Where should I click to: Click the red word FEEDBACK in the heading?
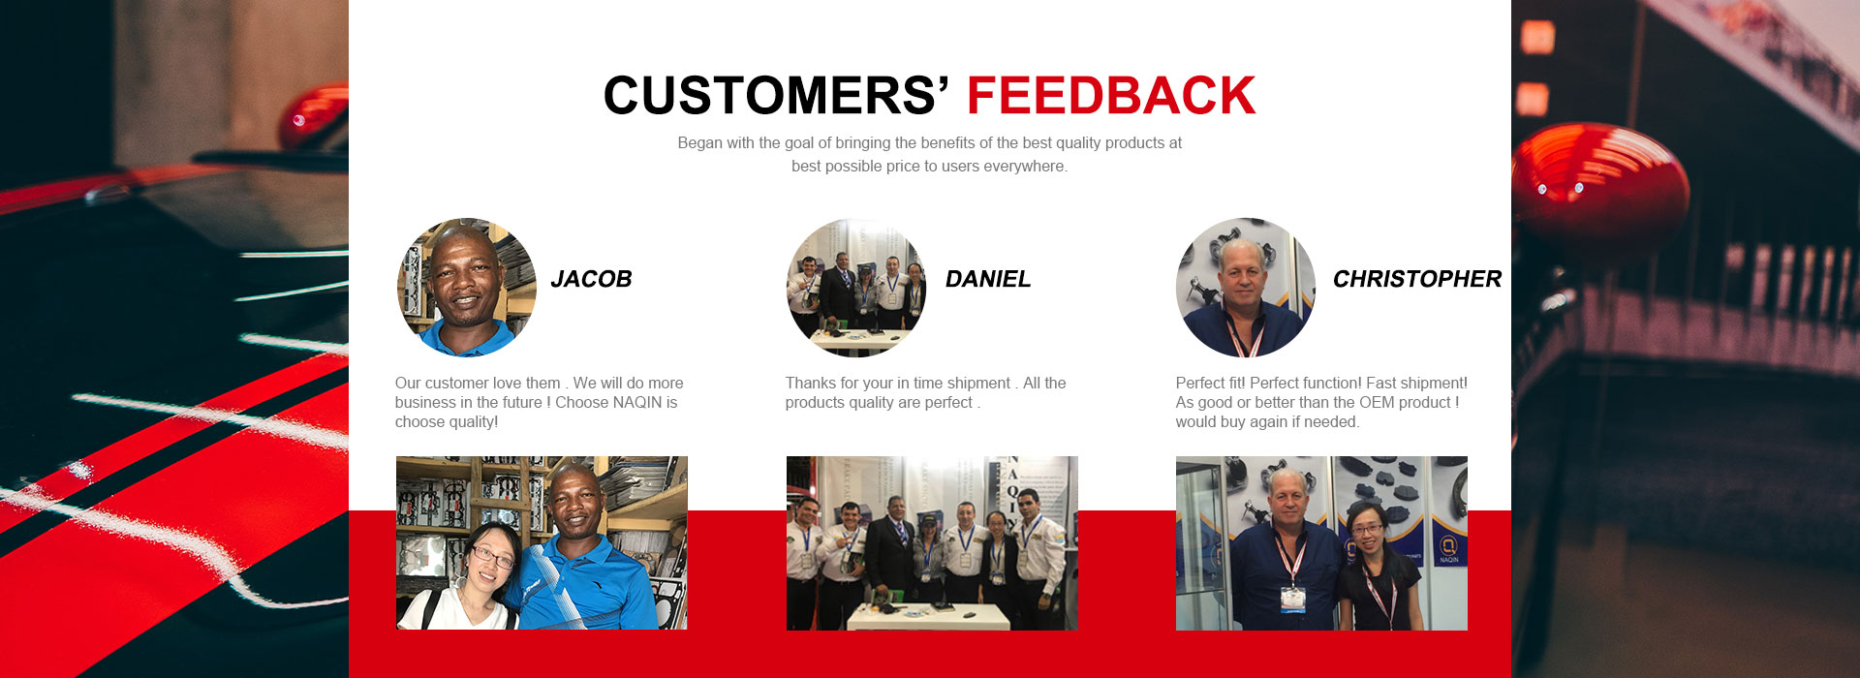(x=1111, y=95)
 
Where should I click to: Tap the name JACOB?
(x=591, y=279)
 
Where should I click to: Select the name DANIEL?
(x=988, y=279)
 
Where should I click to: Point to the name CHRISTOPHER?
(x=1417, y=279)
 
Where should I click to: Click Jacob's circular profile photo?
(x=467, y=288)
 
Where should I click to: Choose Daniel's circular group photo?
(x=856, y=288)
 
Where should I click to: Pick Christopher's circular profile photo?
(x=1246, y=288)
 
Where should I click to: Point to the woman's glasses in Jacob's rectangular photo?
(x=492, y=556)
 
